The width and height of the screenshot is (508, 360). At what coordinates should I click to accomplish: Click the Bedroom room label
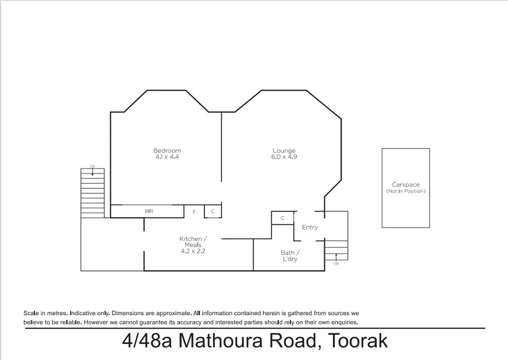point(167,151)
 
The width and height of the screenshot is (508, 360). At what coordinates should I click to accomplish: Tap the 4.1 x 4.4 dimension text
point(167,157)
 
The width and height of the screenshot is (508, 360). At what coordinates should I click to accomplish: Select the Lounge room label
point(284,151)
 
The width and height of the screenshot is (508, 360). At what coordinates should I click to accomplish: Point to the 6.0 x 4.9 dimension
point(284,157)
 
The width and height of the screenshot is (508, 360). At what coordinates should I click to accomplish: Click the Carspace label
point(406,185)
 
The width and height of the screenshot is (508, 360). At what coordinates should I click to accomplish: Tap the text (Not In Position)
point(406,191)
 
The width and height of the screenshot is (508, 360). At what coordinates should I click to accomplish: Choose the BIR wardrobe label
point(149,211)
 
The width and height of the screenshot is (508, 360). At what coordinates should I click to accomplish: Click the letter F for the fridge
point(194,212)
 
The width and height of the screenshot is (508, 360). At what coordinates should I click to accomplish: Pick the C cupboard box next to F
point(213,211)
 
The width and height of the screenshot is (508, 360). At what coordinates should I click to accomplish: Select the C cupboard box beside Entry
point(283,218)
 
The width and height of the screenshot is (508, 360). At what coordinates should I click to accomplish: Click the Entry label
point(310,228)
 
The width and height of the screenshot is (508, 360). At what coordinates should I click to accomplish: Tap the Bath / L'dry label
point(290,256)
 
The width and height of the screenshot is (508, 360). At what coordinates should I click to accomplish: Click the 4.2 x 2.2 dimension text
point(193,251)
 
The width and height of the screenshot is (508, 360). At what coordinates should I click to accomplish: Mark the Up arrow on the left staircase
point(93,172)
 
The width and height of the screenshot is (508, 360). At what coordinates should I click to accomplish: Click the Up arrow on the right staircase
point(336,257)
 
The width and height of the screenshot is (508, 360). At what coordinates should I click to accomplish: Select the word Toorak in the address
point(358,341)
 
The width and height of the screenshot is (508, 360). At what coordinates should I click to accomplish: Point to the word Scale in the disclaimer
point(31,313)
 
